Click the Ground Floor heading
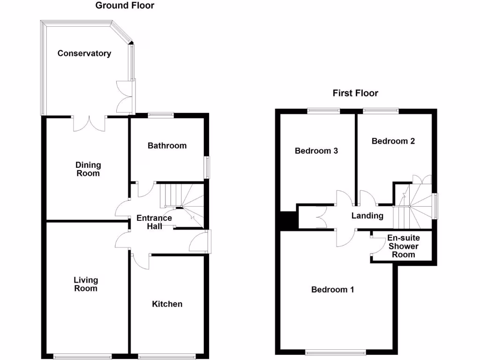point(125,6)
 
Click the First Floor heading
point(355,93)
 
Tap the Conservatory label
point(84,53)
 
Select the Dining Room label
point(88,169)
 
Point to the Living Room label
point(86,284)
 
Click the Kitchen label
point(167,304)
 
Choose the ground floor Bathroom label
point(167,146)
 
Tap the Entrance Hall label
point(154,222)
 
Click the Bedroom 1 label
point(333,290)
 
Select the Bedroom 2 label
point(393,141)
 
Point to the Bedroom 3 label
point(316,151)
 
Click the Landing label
point(367,216)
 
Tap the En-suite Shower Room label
point(403,246)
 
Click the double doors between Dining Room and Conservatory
point(89,123)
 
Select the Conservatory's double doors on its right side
point(125,97)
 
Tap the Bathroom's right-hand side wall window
point(207,167)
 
